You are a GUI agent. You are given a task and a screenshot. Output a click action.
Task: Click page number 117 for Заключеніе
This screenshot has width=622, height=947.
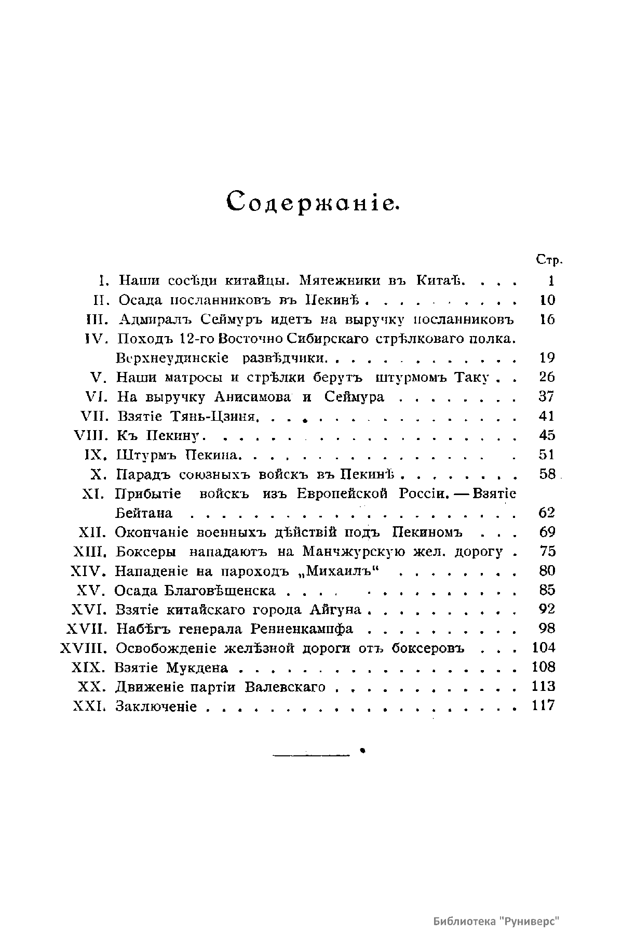tap(544, 705)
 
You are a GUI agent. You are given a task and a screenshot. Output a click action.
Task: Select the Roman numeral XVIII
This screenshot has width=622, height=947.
tap(84, 648)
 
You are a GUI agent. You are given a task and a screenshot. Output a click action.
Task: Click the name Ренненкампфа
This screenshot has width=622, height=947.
tap(301, 629)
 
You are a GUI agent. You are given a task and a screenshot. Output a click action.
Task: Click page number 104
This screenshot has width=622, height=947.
tap(544, 648)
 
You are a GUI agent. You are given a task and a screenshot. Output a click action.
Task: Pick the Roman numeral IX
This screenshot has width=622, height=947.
tap(95, 455)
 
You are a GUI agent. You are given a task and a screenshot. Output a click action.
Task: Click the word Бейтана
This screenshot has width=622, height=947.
tap(144, 513)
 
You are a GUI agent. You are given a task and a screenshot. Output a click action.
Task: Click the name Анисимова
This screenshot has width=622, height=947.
tap(254, 397)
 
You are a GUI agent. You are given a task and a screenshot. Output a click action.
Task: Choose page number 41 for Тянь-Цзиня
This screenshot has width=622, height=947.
tap(547, 416)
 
